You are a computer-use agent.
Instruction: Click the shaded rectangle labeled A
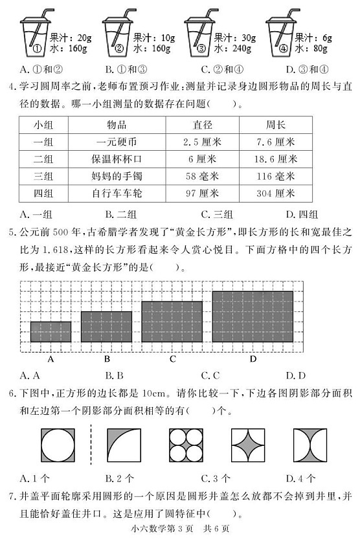(x=51, y=331)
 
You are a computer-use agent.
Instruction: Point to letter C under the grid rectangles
(x=172, y=359)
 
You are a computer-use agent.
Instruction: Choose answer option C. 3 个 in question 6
(x=215, y=479)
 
